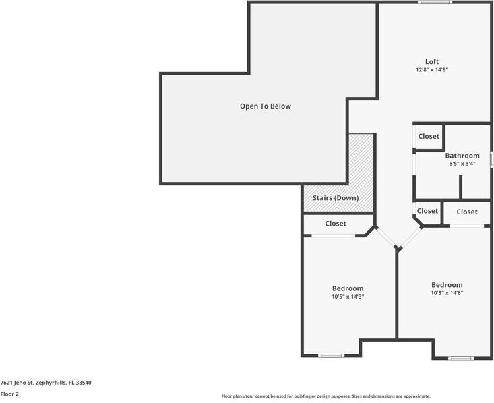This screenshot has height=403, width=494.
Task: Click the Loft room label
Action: point(432,62)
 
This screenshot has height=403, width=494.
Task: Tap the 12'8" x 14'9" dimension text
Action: point(432,70)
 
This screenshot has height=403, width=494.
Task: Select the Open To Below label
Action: point(266,106)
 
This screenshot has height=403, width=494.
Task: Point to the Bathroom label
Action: point(462,156)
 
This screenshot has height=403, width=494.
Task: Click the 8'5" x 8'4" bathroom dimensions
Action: point(462,164)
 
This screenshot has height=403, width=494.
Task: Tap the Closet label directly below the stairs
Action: point(336,224)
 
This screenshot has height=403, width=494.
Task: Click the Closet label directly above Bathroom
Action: point(429,136)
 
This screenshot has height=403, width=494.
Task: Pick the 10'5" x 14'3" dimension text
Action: point(347,297)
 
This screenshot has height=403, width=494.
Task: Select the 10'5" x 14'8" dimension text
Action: point(447,293)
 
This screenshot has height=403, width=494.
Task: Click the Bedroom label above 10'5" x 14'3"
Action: point(347,288)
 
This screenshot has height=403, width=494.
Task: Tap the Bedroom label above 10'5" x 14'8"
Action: point(447,285)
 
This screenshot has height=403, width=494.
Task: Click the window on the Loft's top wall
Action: point(434,3)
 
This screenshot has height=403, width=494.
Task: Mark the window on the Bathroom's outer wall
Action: point(491,159)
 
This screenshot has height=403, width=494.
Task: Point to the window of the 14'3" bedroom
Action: point(331,355)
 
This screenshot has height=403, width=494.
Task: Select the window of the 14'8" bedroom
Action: point(461,358)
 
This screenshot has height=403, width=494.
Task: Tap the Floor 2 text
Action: point(9,394)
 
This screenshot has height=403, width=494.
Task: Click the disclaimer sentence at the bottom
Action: point(326,396)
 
